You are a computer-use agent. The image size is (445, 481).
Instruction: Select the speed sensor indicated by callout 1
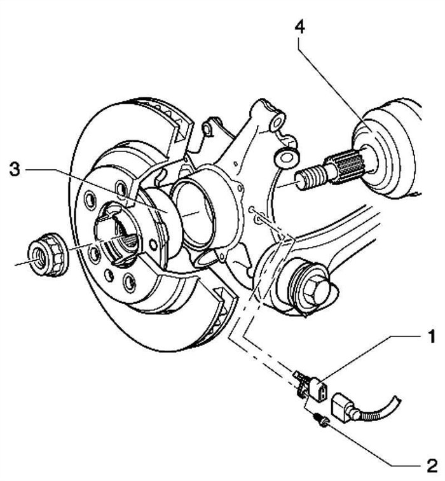point(314,387)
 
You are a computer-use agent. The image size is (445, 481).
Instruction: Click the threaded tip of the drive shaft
point(308,178)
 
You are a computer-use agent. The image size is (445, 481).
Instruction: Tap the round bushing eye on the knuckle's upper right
point(287,156)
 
